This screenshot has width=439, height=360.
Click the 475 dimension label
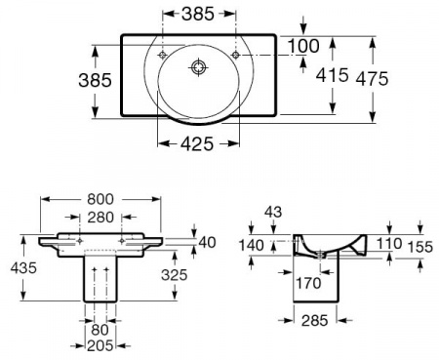coord(373,79)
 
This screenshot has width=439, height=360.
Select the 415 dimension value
coord(333,75)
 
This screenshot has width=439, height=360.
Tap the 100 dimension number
coord(303,46)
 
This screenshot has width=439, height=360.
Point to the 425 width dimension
coord(197,143)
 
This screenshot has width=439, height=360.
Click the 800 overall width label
coord(100,199)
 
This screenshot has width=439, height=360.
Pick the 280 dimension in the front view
coord(100,218)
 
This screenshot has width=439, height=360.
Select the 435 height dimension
coord(23,268)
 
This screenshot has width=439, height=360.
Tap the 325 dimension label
coord(175,275)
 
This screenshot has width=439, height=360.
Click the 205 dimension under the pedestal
coord(100,345)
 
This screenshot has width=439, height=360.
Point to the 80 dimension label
coord(100,330)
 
